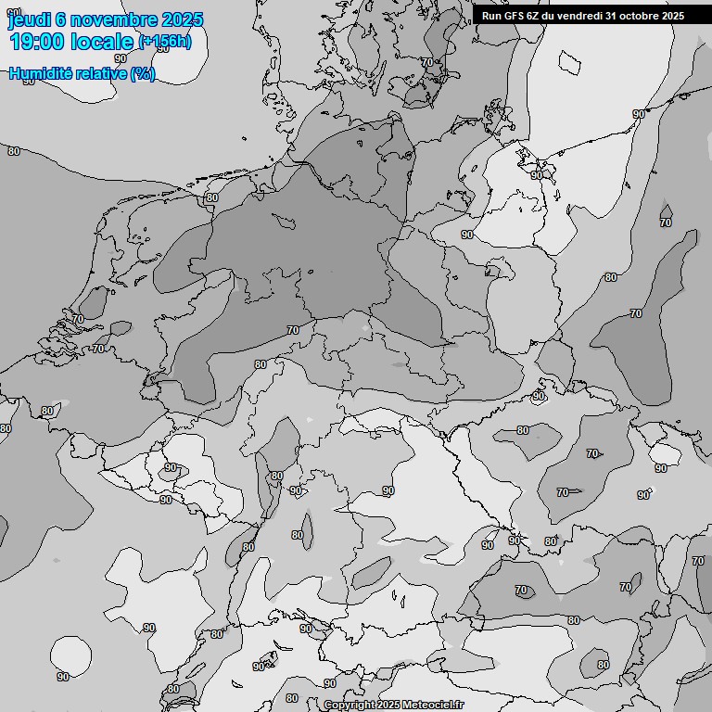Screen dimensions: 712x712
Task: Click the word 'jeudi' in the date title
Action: pos(31,19)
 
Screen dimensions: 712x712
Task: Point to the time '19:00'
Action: pos(37,42)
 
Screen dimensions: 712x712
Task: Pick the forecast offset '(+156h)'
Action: pos(164,42)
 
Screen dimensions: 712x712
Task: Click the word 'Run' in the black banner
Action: pos(491,16)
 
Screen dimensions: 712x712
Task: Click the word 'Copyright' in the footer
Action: pos(350,705)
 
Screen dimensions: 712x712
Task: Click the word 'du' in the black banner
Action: pos(553,16)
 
